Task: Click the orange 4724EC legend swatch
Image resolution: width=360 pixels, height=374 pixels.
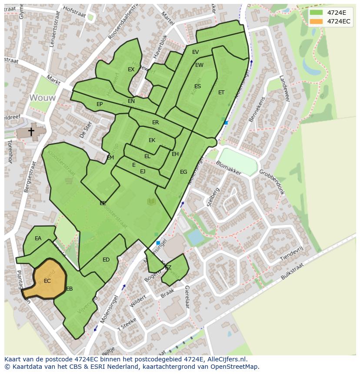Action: point(317,21)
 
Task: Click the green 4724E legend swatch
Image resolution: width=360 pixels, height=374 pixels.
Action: point(317,13)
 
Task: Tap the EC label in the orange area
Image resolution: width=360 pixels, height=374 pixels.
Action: point(47,281)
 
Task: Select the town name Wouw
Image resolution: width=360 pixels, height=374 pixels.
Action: point(43,98)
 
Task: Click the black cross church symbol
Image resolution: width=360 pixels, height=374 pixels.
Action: point(31,131)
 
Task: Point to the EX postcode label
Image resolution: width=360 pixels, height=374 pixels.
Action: point(131,70)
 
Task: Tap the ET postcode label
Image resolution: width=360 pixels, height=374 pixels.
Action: point(221,93)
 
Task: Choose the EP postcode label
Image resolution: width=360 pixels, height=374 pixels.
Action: point(100,104)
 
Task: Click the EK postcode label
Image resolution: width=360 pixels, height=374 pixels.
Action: point(152,140)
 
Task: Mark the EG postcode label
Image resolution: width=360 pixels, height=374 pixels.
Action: point(183,172)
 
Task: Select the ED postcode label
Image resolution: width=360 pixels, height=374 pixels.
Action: point(106,260)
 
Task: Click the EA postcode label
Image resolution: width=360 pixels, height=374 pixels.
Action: point(38,238)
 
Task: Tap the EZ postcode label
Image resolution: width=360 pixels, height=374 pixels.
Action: point(168,268)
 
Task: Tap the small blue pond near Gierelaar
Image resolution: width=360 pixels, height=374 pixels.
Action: point(195,237)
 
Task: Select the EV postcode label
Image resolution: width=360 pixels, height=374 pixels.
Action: point(196,52)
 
